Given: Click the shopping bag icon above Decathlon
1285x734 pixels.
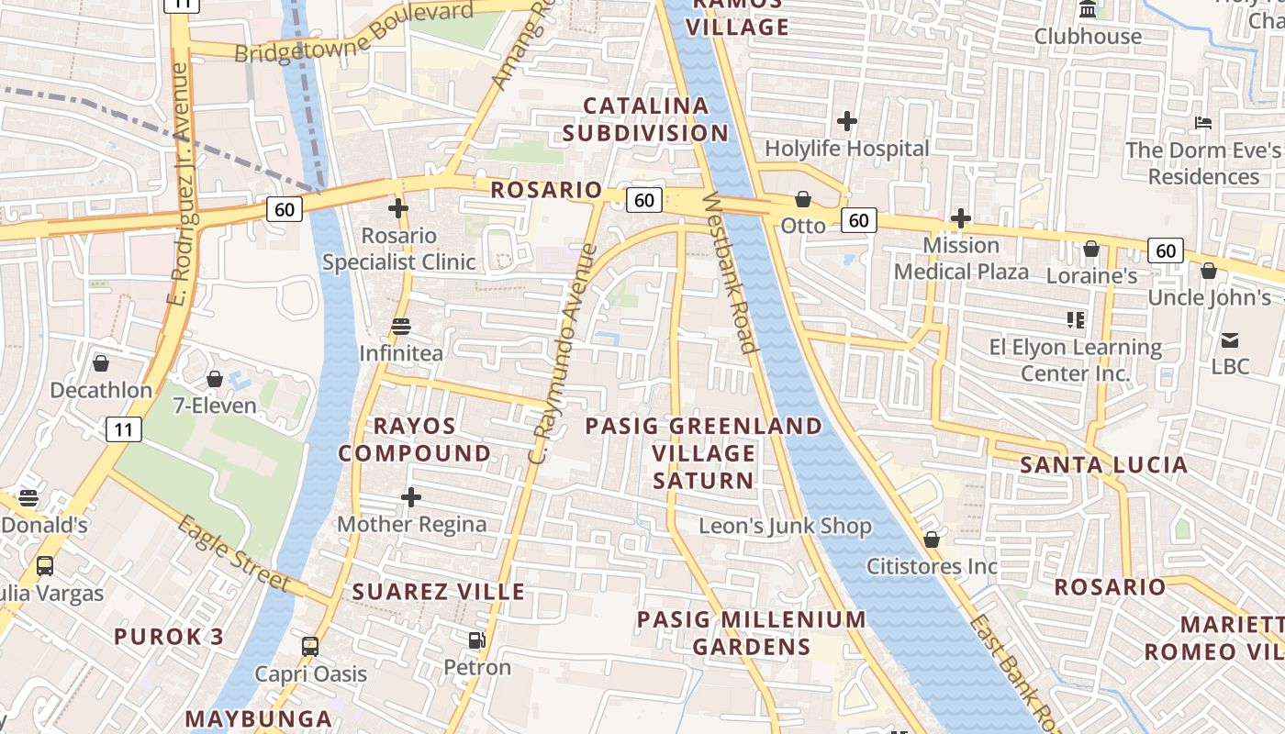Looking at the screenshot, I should click(101, 364).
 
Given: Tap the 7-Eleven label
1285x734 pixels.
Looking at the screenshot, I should click(215, 405).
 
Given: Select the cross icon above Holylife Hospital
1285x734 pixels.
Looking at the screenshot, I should click(847, 121).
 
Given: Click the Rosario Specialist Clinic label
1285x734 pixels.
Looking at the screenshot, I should click(398, 249).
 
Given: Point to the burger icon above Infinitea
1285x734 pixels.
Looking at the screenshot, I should click(401, 327).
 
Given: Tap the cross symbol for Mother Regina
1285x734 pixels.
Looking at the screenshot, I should click(411, 498).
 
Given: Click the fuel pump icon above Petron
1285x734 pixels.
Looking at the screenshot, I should click(477, 640).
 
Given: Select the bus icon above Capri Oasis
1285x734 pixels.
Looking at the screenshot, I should click(310, 647).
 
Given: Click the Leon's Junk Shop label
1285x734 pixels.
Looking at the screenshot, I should click(785, 526).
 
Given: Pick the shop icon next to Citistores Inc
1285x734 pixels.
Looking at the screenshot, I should click(932, 539).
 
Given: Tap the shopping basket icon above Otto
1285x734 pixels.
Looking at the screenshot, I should click(803, 199).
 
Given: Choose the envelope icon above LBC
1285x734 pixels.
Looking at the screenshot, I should click(1230, 340).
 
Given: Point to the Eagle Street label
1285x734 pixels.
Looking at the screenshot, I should click(233, 554).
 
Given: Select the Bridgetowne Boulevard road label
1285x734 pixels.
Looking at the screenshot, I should click(354, 35).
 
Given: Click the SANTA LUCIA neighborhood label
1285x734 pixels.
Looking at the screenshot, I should click(1104, 465).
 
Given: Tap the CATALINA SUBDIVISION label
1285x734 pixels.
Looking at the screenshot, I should click(646, 119).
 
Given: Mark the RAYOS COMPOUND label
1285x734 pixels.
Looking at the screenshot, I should click(415, 439).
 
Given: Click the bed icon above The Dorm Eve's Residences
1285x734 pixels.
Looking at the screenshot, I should click(1203, 123).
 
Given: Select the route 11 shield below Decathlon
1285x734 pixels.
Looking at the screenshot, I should click(123, 428).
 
